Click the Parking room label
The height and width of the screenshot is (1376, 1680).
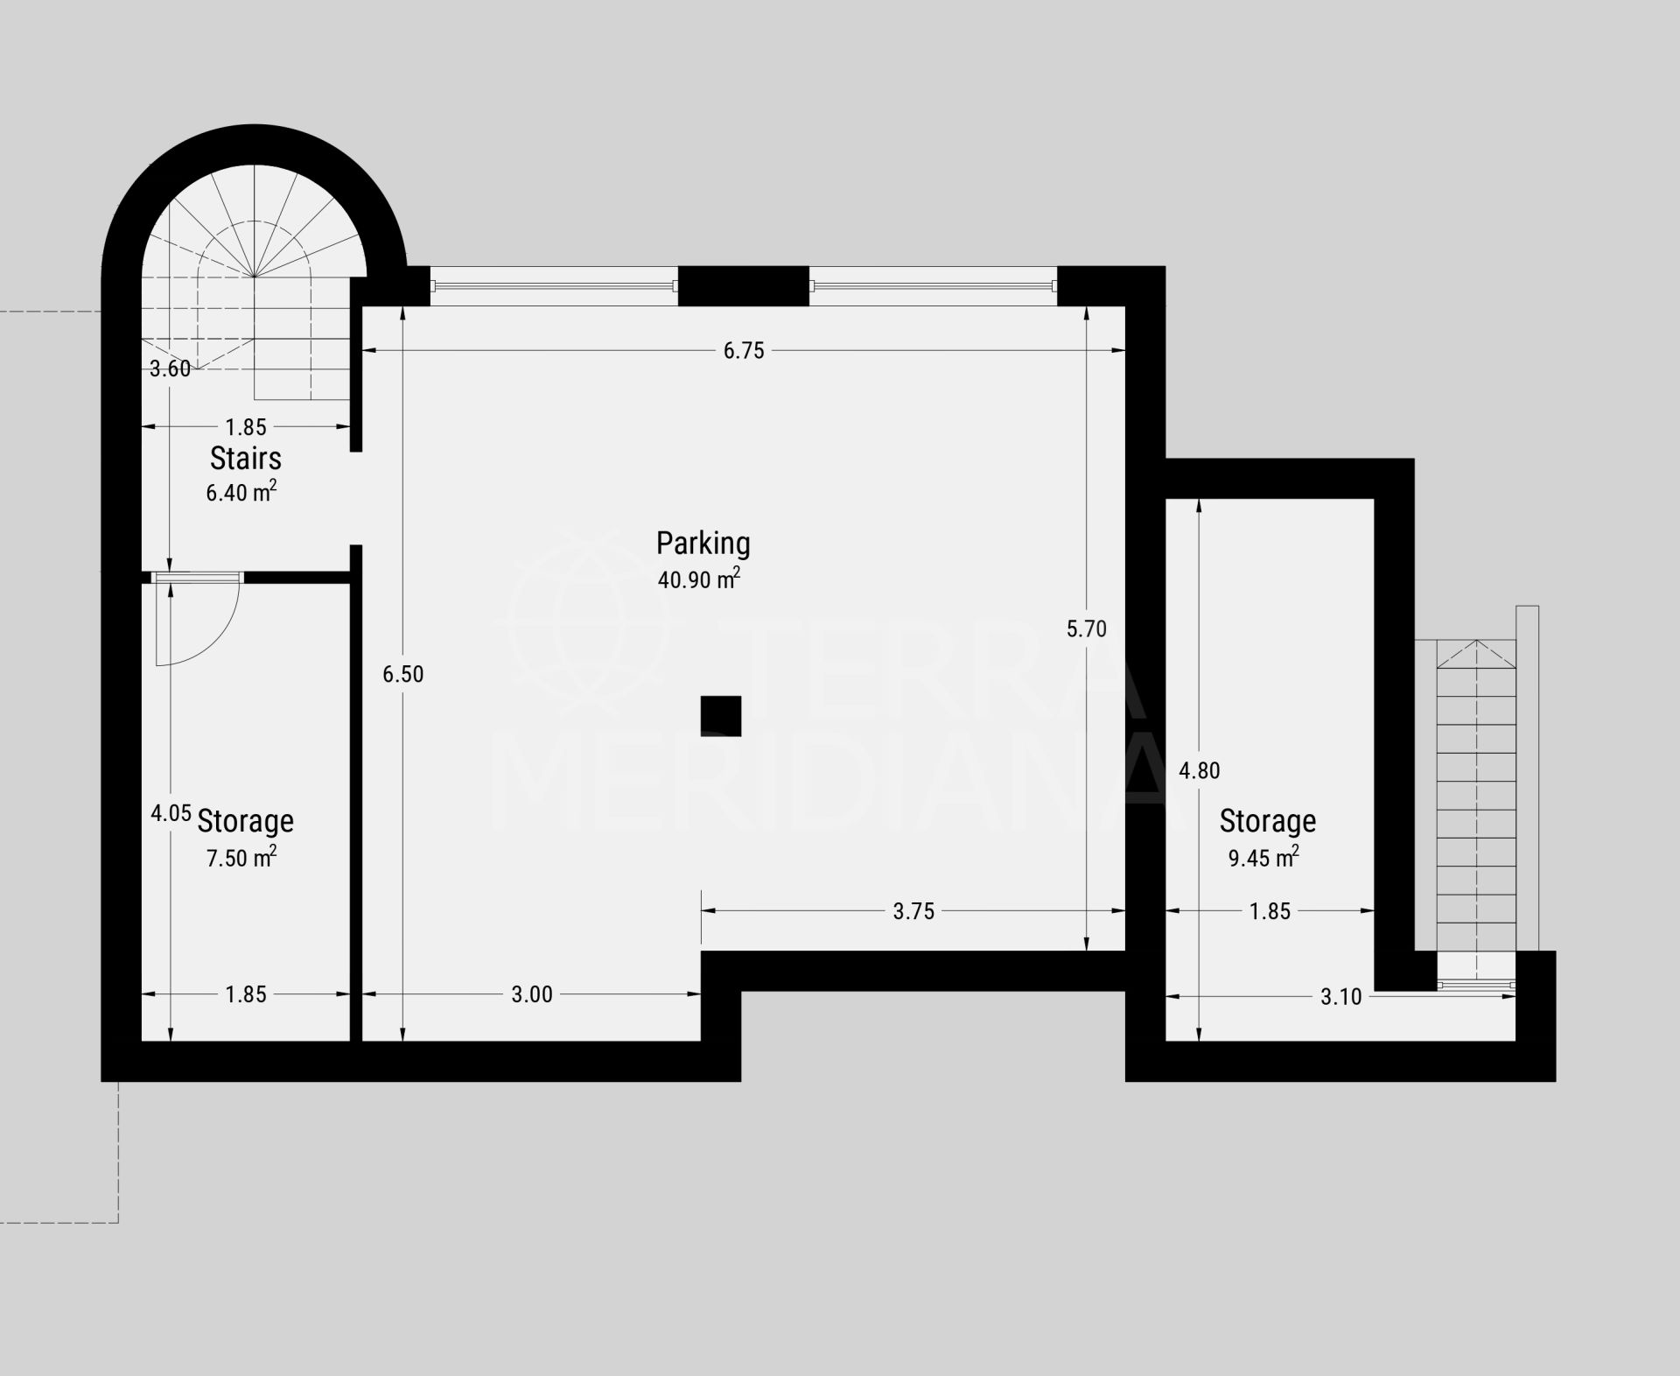coord(703,544)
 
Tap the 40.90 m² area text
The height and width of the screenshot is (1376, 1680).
coord(699,579)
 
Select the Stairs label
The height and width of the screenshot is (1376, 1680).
coord(246,458)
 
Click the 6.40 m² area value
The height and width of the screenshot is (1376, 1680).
coord(241,492)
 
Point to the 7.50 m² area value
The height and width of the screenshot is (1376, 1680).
coord(241,857)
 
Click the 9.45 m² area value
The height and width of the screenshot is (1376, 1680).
coord(1263,857)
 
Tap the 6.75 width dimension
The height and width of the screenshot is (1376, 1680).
coord(744,351)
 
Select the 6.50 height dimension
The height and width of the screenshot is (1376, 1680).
coord(403,674)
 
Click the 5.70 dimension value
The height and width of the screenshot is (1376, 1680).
coord(1087,628)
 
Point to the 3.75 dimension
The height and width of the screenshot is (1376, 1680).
coord(913,911)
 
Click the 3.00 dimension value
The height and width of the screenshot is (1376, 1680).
coord(532,994)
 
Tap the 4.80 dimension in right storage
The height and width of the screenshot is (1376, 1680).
coord(1199,770)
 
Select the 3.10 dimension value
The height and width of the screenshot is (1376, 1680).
coord(1341,996)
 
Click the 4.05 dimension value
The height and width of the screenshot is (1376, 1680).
coord(171,813)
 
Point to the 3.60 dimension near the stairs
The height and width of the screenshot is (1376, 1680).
coord(170,369)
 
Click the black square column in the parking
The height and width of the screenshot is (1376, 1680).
coord(721,716)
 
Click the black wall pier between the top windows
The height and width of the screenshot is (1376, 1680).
coord(744,286)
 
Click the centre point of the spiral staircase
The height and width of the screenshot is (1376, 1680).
coord(255,277)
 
